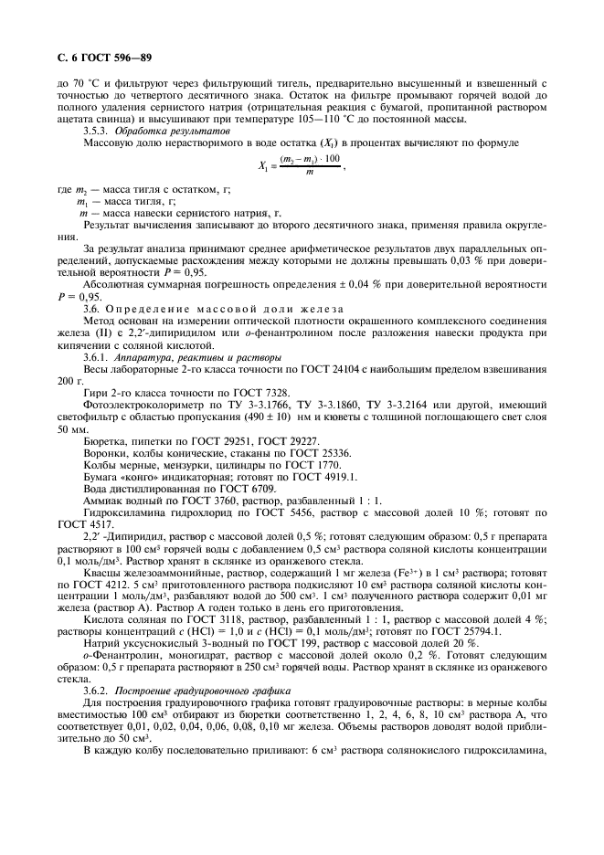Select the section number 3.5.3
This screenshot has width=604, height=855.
99,132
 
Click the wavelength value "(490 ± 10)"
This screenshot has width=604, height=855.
260,417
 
